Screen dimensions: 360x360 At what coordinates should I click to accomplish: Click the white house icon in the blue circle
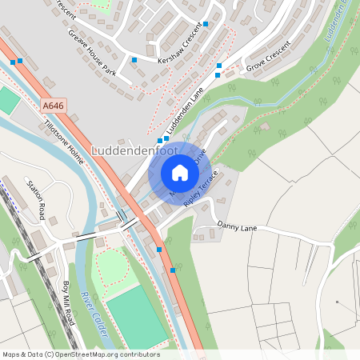[x=180, y=173]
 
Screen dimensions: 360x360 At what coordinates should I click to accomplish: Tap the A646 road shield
[x=54, y=105]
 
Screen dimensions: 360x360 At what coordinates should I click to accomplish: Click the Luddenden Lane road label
[x=186, y=112]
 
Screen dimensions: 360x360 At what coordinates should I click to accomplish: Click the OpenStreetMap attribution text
[x=81, y=354]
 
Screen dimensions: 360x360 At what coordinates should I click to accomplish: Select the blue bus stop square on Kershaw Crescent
[x=206, y=25]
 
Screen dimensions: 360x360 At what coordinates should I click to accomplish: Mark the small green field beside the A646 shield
[x=8, y=100]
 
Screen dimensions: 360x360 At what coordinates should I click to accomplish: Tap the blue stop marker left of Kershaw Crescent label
[x=134, y=60]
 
